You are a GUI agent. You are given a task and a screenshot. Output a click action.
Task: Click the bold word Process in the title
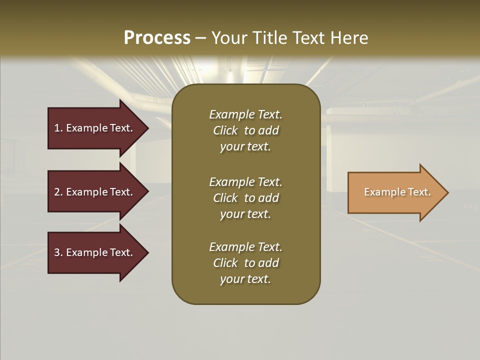tap(157, 38)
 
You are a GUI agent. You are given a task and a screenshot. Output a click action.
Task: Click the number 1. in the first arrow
tap(58, 128)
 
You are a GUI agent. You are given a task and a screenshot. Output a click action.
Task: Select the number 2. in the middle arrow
tap(58, 192)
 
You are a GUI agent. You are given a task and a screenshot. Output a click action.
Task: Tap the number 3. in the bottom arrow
tap(58, 252)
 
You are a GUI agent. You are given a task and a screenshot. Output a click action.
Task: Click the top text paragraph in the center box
tap(245, 130)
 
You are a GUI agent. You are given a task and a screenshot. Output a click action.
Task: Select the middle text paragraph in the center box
tap(245, 198)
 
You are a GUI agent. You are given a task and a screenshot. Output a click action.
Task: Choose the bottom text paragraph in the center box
tap(245, 263)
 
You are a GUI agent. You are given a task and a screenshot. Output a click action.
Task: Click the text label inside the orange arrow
tap(397, 192)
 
